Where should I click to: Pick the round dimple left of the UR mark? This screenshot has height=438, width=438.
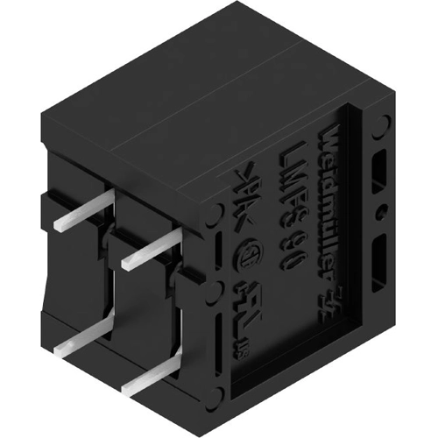pos(214,290)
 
